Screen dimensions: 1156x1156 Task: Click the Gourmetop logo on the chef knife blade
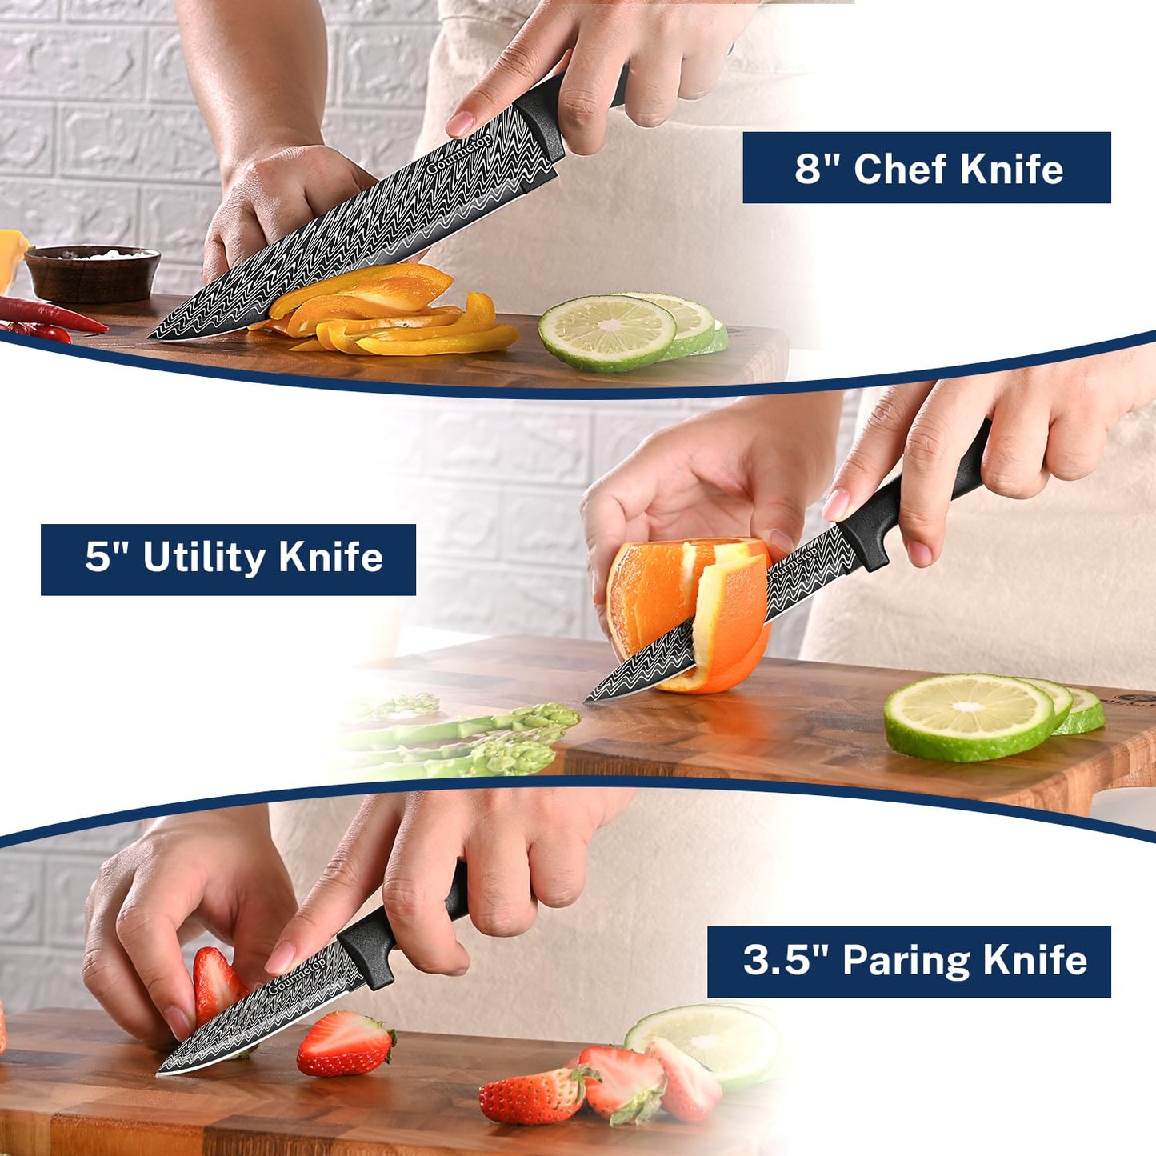[x=459, y=154]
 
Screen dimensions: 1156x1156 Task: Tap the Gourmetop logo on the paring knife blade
[x=298, y=975]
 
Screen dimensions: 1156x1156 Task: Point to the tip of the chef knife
[x=150, y=338]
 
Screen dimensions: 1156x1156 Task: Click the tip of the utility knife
[x=586, y=701]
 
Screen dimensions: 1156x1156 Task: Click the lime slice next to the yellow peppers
[x=607, y=332]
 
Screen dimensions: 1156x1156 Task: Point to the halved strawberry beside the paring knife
[x=346, y=1043]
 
